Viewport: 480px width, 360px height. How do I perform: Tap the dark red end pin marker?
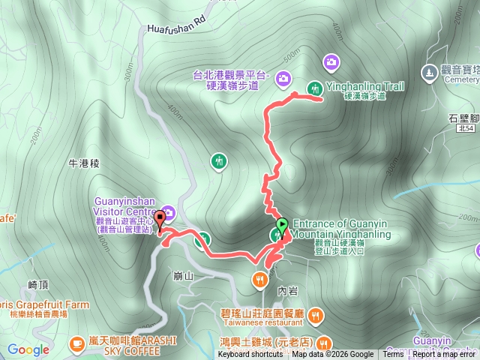159,226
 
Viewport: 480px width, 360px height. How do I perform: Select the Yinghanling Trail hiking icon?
315,87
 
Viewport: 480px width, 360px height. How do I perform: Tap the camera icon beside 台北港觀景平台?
283,77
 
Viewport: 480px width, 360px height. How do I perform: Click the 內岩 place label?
287,288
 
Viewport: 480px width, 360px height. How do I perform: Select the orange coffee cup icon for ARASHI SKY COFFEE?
76,343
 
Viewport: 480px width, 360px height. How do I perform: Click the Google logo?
28,349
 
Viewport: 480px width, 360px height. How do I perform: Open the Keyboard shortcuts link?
250,355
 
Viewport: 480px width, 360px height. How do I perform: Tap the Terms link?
393,355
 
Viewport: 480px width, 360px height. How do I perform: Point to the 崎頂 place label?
37,285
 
